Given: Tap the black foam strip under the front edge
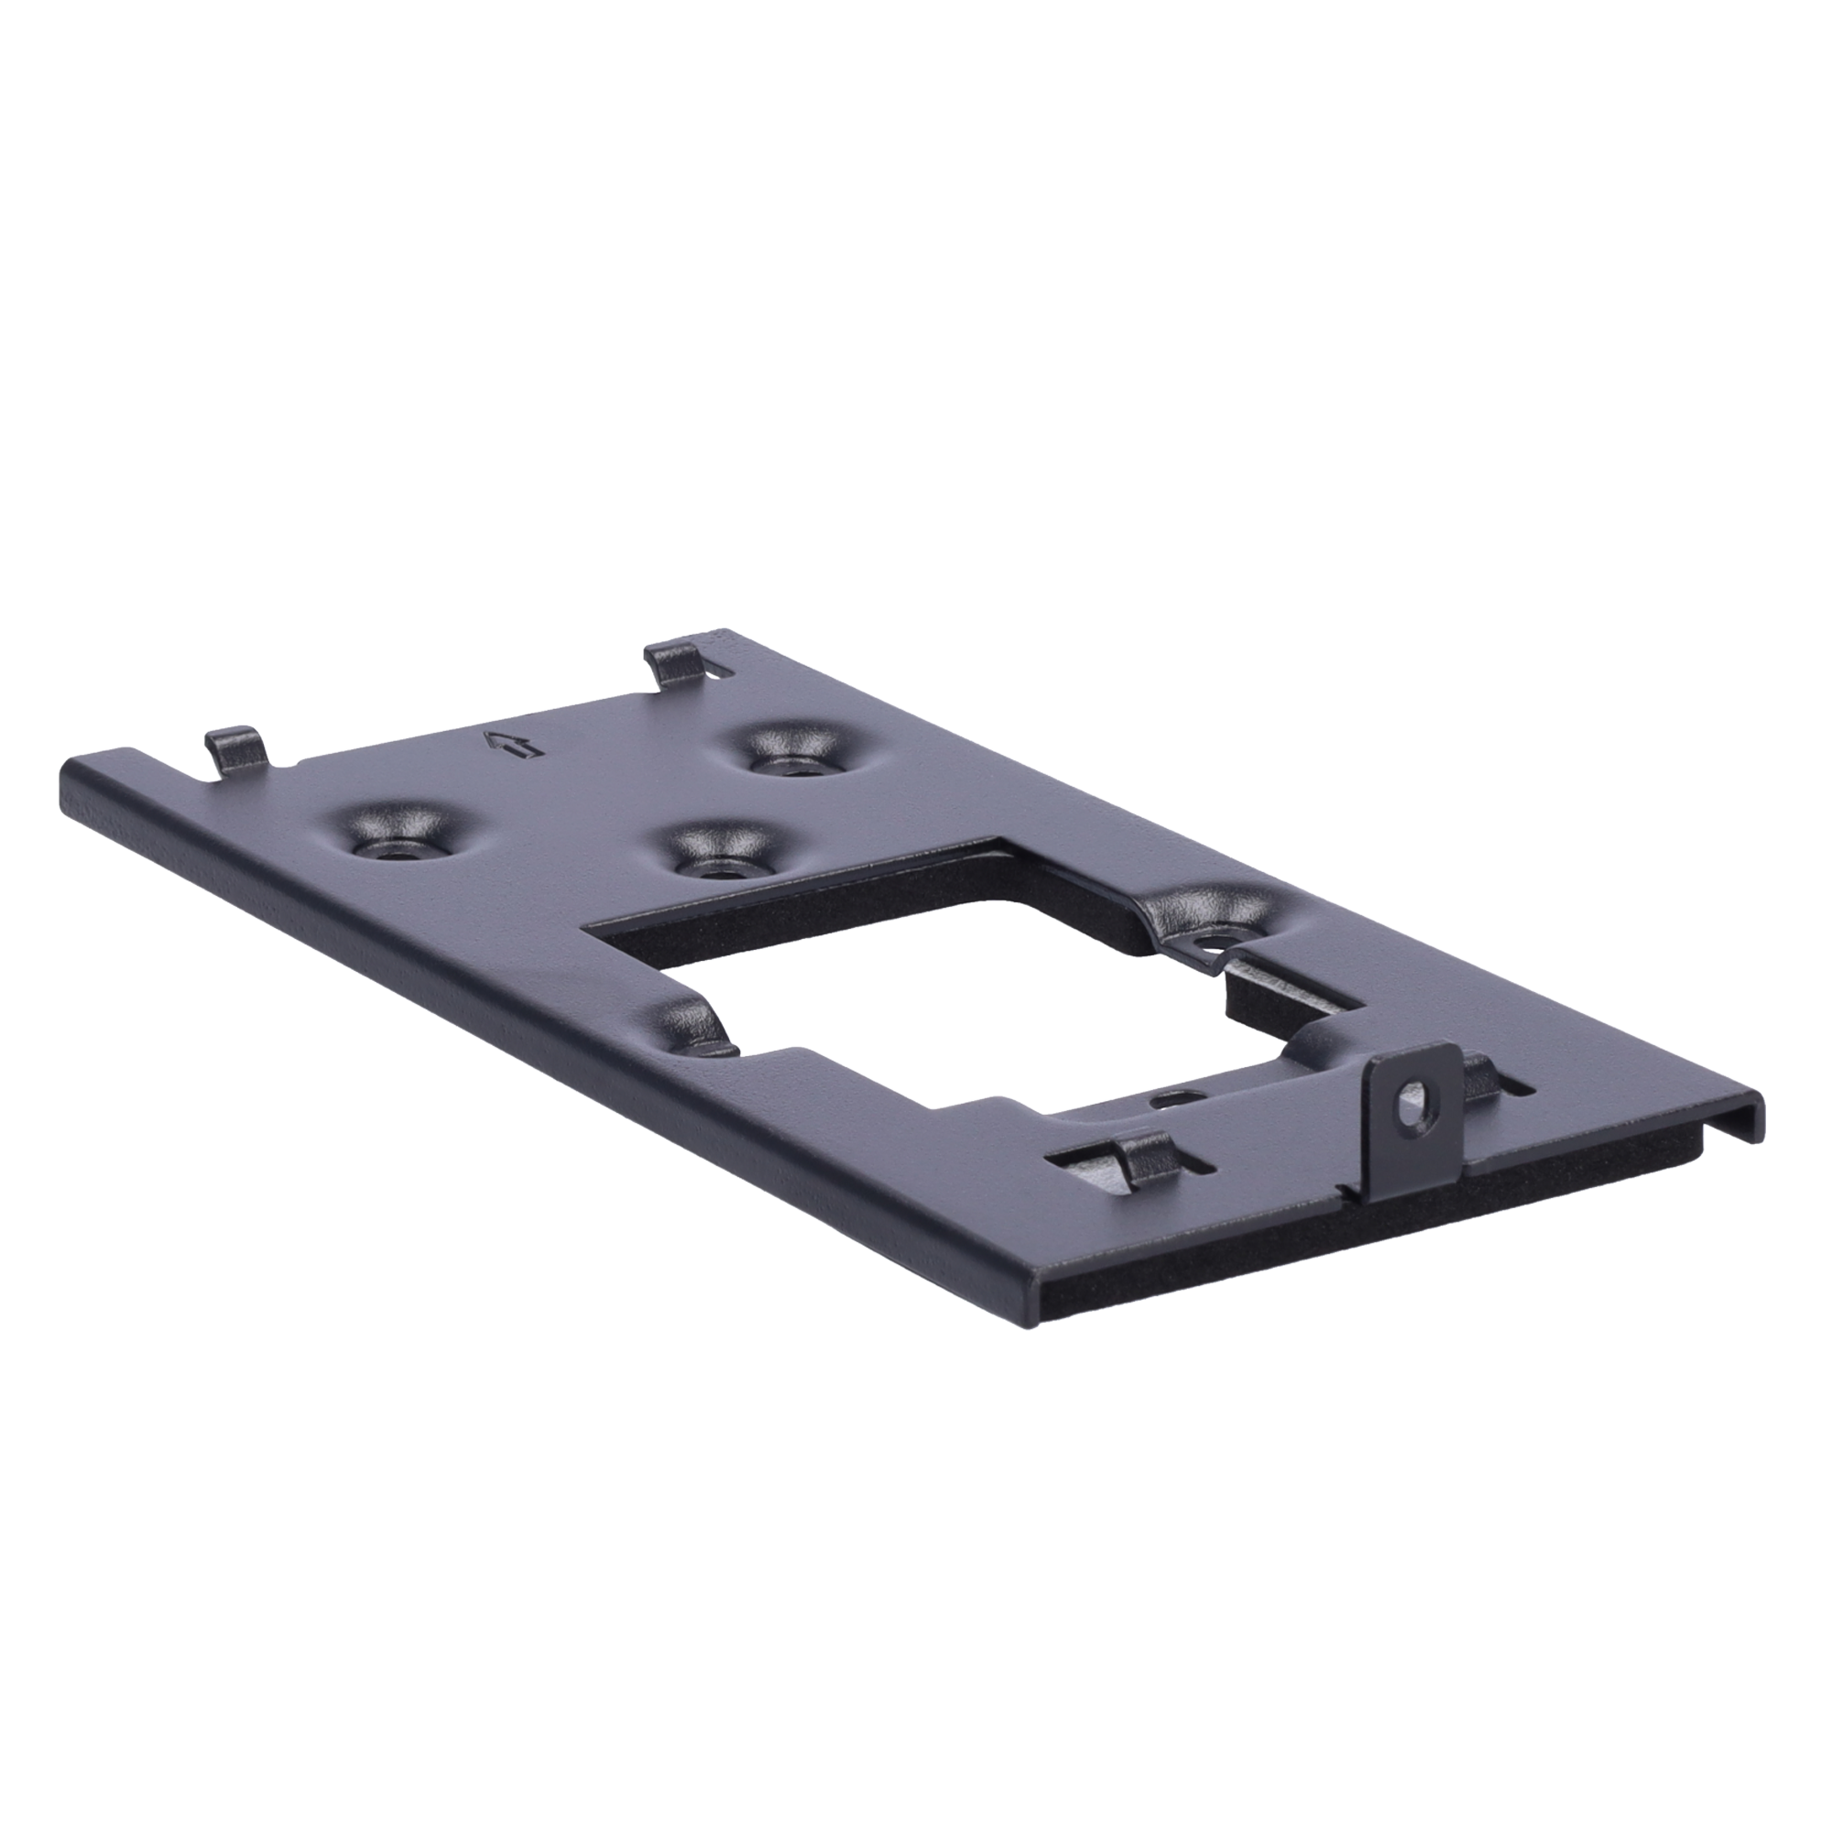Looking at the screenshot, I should pyautogui.click(x=1327, y=1261).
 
